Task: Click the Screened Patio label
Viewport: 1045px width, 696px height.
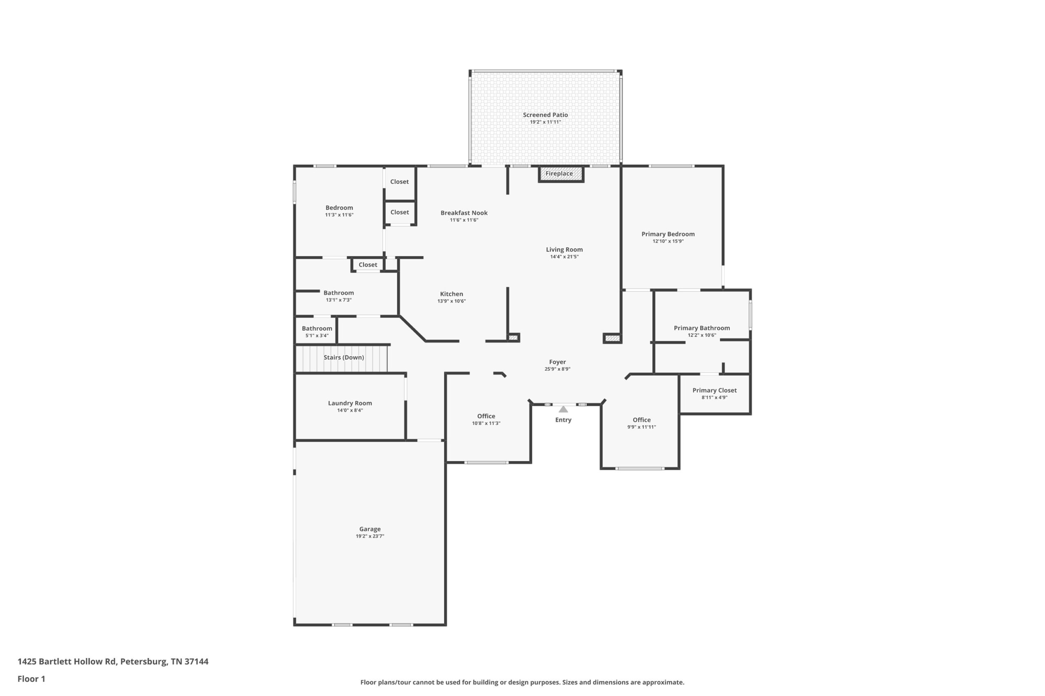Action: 545,115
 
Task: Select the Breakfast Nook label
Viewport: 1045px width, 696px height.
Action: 464,213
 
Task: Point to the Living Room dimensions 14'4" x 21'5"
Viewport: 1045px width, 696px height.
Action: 564,256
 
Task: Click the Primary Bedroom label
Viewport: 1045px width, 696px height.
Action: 668,234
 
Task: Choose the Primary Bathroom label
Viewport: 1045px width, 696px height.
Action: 702,328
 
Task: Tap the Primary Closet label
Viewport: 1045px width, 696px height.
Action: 714,391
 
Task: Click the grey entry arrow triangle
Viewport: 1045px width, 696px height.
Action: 563,409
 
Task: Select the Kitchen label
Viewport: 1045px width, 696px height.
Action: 451,294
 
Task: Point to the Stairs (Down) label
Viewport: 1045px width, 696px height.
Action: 343,357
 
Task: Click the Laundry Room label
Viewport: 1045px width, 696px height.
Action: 350,403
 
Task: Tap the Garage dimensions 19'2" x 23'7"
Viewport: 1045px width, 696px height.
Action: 370,536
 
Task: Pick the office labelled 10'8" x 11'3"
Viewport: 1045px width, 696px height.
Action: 486,416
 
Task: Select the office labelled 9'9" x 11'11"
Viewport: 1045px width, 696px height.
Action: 642,420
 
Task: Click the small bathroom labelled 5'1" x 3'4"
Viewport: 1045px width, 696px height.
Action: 317,329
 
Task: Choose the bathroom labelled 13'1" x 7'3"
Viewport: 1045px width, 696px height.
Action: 338,293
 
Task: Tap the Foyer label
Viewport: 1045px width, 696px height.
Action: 557,362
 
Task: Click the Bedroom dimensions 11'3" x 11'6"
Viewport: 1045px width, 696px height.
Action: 339,215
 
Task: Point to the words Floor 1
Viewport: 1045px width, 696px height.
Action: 31,679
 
